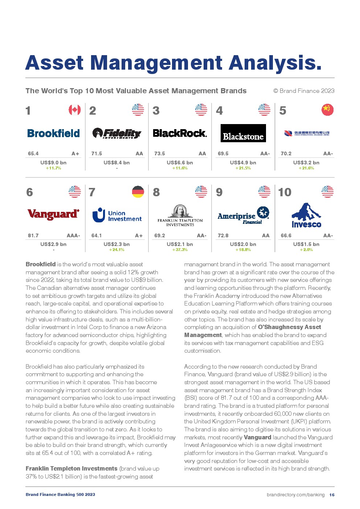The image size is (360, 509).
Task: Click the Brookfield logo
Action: (53, 133)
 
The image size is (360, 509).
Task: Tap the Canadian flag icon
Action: (75, 110)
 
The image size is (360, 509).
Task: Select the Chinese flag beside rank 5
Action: (327, 110)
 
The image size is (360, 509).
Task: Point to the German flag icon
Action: (138, 192)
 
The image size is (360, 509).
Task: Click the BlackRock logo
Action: (180, 133)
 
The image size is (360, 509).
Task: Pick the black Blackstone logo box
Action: (243, 133)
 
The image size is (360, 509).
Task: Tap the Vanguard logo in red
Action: (53, 214)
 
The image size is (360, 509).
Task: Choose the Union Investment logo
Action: (117, 215)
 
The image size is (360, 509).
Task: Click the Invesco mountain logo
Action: (306, 215)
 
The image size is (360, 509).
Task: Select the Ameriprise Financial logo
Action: (243, 215)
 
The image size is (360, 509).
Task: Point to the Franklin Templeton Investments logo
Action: (180, 215)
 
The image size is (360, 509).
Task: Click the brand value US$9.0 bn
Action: (53, 163)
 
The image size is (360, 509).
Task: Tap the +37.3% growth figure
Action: (180, 250)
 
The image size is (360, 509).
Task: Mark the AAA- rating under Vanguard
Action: (73, 235)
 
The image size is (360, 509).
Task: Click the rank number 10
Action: (285, 192)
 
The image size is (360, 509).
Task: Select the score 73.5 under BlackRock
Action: (160, 153)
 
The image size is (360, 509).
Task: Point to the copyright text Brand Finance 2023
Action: (304, 91)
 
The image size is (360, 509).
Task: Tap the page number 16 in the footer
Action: (332, 494)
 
